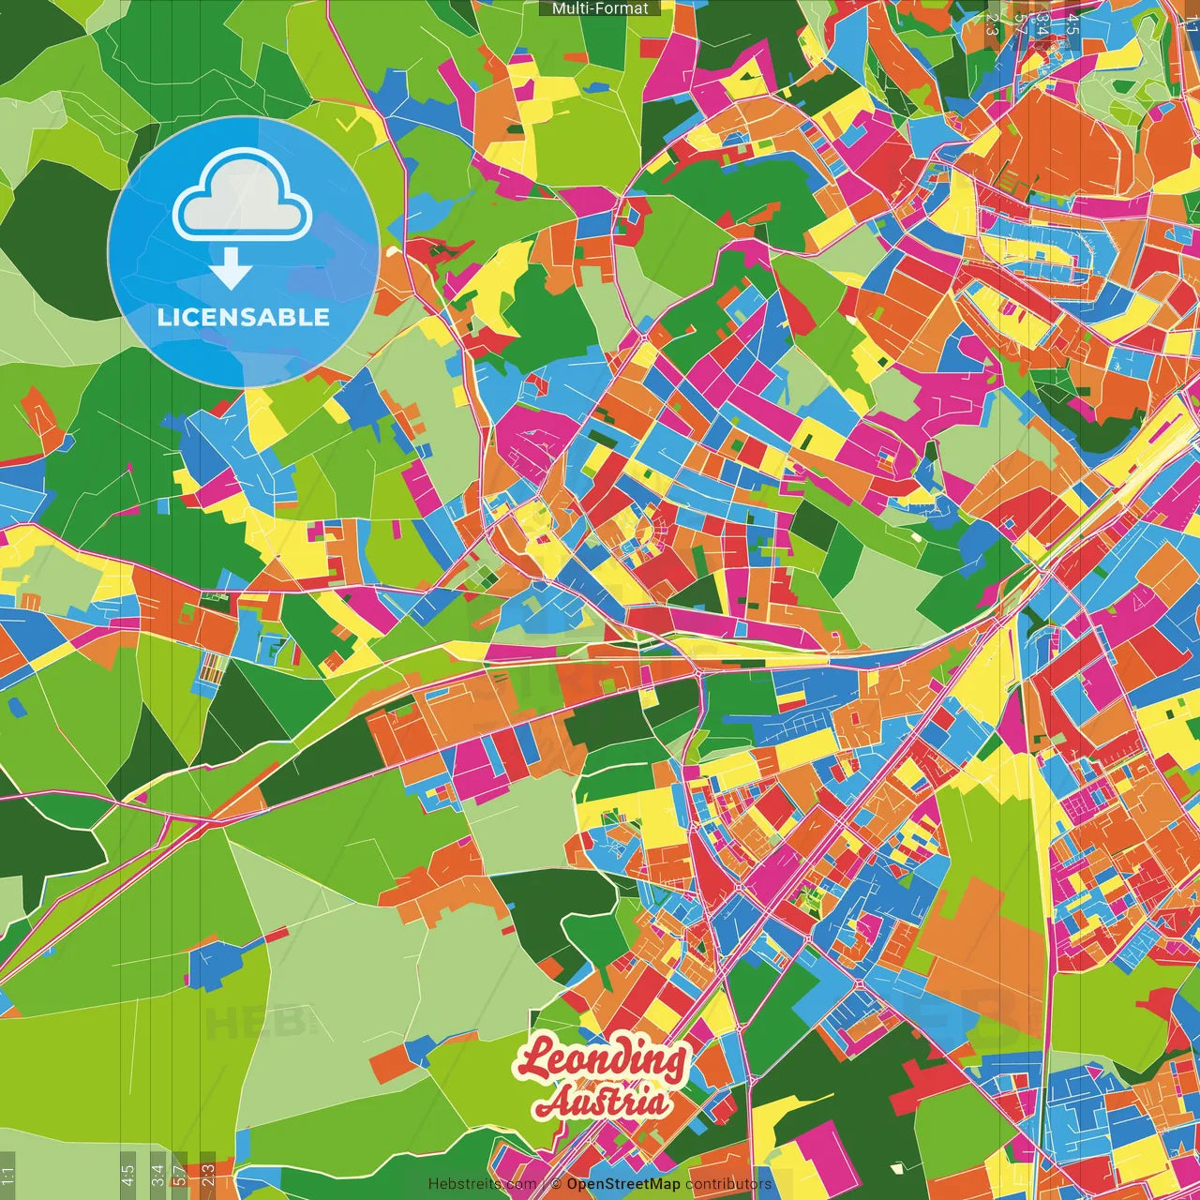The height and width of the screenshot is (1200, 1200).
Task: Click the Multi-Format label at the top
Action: [600, 8]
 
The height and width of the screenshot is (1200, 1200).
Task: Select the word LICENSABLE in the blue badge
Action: [243, 317]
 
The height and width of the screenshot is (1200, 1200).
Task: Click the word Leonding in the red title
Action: [603, 1058]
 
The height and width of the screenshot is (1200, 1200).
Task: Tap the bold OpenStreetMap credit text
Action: [623, 1184]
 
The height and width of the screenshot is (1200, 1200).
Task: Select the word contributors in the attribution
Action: [729, 1184]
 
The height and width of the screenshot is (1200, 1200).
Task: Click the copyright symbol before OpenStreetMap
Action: [556, 1184]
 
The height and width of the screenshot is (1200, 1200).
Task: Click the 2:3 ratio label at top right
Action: [992, 24]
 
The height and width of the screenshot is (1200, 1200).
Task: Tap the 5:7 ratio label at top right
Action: [1020, 24]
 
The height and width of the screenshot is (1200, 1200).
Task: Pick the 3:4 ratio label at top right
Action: [1042, 24]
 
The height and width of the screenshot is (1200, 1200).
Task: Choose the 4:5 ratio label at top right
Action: [1072, 24]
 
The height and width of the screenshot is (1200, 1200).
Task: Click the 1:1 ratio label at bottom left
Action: [7, 1175]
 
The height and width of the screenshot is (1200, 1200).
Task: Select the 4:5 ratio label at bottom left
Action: [127, 1175]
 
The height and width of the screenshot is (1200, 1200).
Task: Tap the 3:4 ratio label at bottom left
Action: [157, 1175]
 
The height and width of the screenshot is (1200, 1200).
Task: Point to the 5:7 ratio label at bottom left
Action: [179, 1175]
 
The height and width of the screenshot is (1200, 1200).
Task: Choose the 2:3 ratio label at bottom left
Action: [207, 1175]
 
